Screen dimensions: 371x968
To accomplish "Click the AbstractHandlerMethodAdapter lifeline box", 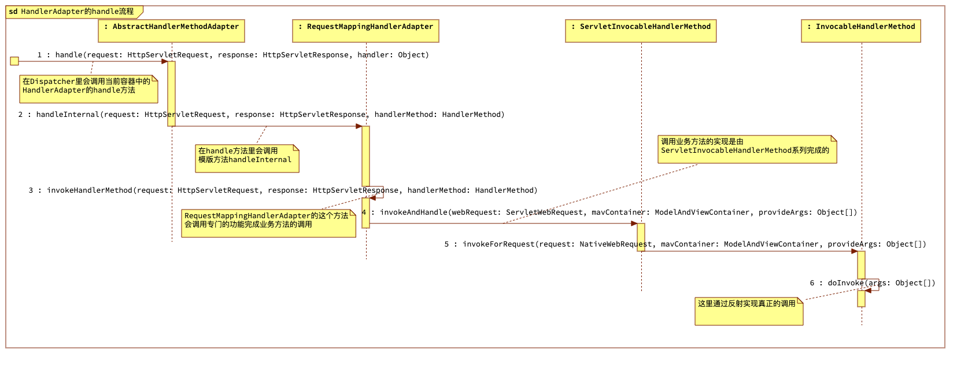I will [171, 31].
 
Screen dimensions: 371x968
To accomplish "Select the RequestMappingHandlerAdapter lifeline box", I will [365, 31].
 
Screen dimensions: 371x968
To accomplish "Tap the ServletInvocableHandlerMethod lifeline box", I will [641, 31].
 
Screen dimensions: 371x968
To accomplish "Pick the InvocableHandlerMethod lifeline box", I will [860, 31].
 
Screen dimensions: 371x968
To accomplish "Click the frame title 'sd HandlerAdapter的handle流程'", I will [72, 12].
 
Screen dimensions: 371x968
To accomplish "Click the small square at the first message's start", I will [14, 61].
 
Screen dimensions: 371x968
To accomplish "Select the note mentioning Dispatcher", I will [88, 89].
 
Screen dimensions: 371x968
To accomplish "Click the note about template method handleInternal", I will [247, 158].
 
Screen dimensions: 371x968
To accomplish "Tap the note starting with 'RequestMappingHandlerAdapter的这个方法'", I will [268, 223].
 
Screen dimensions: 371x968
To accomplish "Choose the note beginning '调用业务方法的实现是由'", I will [747, 149].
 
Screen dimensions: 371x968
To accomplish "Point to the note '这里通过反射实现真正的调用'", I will [748, 311].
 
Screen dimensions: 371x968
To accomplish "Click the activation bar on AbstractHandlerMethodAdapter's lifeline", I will [171, 93].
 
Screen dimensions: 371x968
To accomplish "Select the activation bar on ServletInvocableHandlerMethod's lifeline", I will [641, 237].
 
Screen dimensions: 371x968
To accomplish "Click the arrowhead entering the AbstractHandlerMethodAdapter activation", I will [164, 61].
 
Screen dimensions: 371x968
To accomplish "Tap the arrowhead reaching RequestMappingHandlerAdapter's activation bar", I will [359, 126].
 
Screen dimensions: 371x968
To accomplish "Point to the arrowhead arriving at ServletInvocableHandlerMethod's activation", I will [634, 223].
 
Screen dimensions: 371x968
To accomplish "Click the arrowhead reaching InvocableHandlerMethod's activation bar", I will [854, 251].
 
